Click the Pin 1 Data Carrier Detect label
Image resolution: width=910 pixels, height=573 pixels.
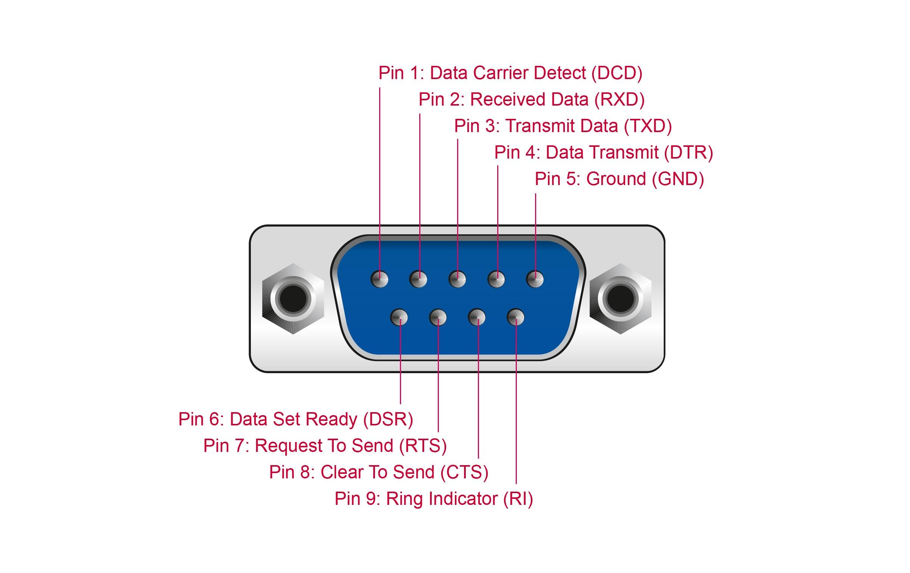click(510, 73)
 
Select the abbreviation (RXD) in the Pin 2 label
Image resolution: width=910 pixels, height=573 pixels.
click(619, 100)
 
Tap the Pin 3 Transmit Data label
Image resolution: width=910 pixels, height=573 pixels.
click(563, 126)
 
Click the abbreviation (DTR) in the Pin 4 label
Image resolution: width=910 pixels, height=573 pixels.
click(688, 153)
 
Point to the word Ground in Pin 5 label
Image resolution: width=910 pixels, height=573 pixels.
click(616, 179)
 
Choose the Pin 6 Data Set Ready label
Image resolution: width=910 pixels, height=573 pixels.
click(296, 419)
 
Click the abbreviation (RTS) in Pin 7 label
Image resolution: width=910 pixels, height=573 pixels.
click(423, 445)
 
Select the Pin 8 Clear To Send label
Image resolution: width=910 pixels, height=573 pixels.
click(378, 472)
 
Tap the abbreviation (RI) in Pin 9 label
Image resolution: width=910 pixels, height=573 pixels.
click(518, 498)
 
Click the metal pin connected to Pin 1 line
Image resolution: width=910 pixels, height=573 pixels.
click(380, 279)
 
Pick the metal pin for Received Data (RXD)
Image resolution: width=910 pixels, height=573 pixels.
click(418, 279)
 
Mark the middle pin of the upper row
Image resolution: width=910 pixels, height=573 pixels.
click(457, 279)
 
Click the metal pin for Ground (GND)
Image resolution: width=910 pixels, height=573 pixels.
click(535, 279)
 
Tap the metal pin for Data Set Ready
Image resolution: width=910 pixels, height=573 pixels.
click(399, 317)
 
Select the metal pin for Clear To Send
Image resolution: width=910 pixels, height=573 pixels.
click(477, 317)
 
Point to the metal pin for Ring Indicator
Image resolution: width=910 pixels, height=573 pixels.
click(515, 317)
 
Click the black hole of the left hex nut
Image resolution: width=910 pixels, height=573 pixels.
click(293, 299)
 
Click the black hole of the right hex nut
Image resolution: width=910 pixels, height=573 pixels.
click(621, 299)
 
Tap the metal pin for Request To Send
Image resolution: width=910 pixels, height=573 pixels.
click(438, 317)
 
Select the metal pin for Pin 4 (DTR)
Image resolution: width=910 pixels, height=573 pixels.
click(496, 279)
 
